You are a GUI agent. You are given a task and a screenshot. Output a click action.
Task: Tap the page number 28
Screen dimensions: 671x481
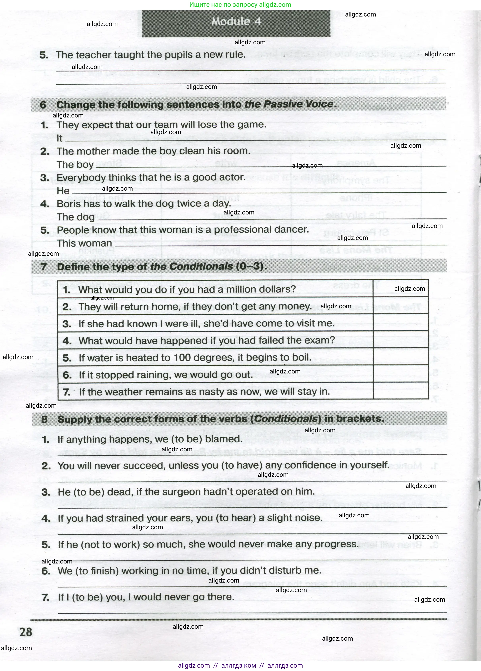click(x=26, y=632)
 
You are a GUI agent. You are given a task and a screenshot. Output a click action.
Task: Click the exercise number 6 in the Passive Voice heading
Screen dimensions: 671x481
click(x=43, y=105)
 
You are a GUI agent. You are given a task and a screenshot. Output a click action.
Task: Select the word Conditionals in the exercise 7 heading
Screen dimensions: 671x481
click(x=191, y=267)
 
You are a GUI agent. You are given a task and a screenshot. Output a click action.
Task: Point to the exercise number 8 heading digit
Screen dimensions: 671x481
click(x=44, y=419)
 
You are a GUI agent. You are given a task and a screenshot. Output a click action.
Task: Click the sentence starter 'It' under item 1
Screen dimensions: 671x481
click(x=59, y=138)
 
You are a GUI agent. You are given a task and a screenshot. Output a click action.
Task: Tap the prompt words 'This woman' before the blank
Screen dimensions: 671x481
click(x=84, y=243)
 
